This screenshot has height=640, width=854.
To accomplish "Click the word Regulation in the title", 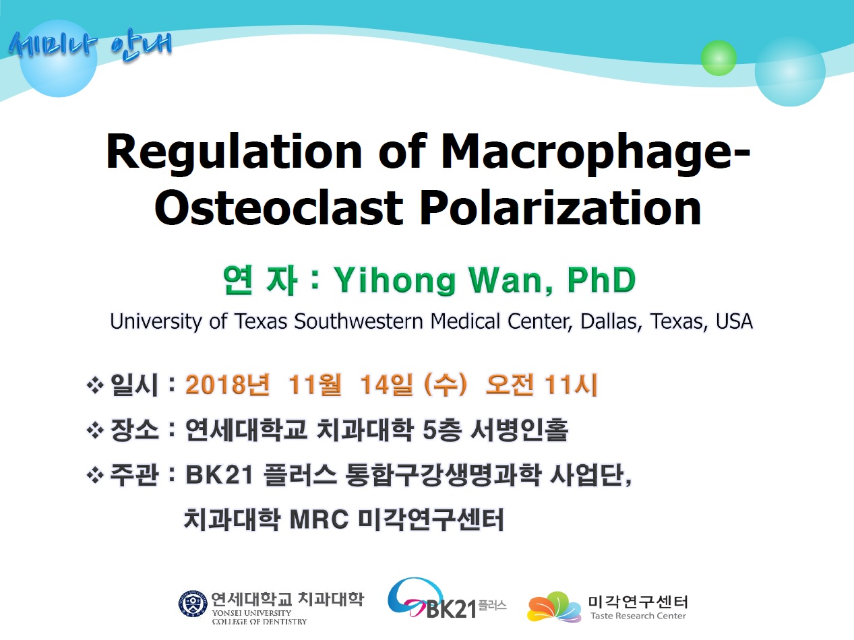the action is [x=234, y=154].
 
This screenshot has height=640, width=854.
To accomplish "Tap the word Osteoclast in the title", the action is [x=278, y=207].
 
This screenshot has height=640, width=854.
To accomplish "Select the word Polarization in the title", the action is [x=560, y=207].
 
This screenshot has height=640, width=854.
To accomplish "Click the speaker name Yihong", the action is [x=394, y=281].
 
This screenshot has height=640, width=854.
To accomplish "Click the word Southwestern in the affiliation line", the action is [x=358, y=321].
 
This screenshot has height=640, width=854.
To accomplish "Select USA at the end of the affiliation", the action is [x=734, y=321].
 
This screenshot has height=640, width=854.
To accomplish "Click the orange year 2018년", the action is [x=228, y=385].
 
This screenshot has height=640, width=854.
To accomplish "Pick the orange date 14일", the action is [x=386, y=385].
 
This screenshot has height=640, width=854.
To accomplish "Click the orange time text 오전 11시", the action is [x=541, y=385].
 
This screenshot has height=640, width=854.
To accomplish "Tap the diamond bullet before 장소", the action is [x=95, y=430].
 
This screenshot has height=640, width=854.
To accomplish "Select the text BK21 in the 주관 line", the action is [x=220, y=475].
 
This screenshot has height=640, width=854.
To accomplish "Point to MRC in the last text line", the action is [x=319, y=520].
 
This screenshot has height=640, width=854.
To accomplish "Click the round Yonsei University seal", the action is [x=193, y=604].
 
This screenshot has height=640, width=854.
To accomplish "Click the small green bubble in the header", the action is [x=719, y=58].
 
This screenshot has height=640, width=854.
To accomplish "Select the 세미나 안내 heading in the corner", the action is [x=90, y=46].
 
